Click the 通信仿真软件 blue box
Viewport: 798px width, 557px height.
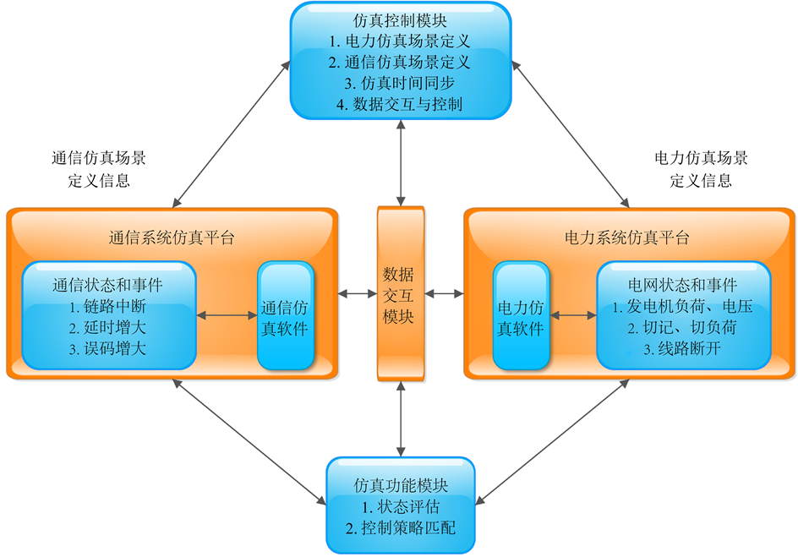[x=285, y=317]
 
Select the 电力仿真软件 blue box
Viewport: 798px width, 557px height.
[x=521, y=317]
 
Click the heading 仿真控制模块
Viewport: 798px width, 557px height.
[x=401, y=19]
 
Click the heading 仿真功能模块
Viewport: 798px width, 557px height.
[x=401, y=487]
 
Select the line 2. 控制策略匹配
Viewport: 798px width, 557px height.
[x=401, y=530]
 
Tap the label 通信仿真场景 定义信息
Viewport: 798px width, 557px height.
[x=98, y=169]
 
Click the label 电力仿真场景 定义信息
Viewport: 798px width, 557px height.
[x=701, y=169]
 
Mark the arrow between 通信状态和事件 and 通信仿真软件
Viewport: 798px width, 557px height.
[x=227, y=316]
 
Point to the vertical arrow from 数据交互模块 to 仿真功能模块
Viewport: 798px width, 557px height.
[x=401, y=418]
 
